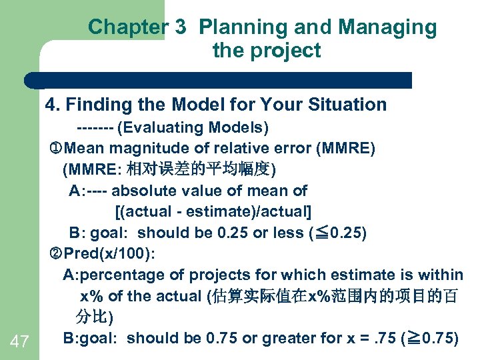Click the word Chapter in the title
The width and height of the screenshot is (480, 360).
[125, 27]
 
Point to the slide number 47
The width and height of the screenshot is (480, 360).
[20, 342]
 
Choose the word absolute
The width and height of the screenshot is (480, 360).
[141, 191]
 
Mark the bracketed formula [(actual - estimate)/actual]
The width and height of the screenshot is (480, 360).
[213, 212]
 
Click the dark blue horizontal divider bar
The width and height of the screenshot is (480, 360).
[220, 81]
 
